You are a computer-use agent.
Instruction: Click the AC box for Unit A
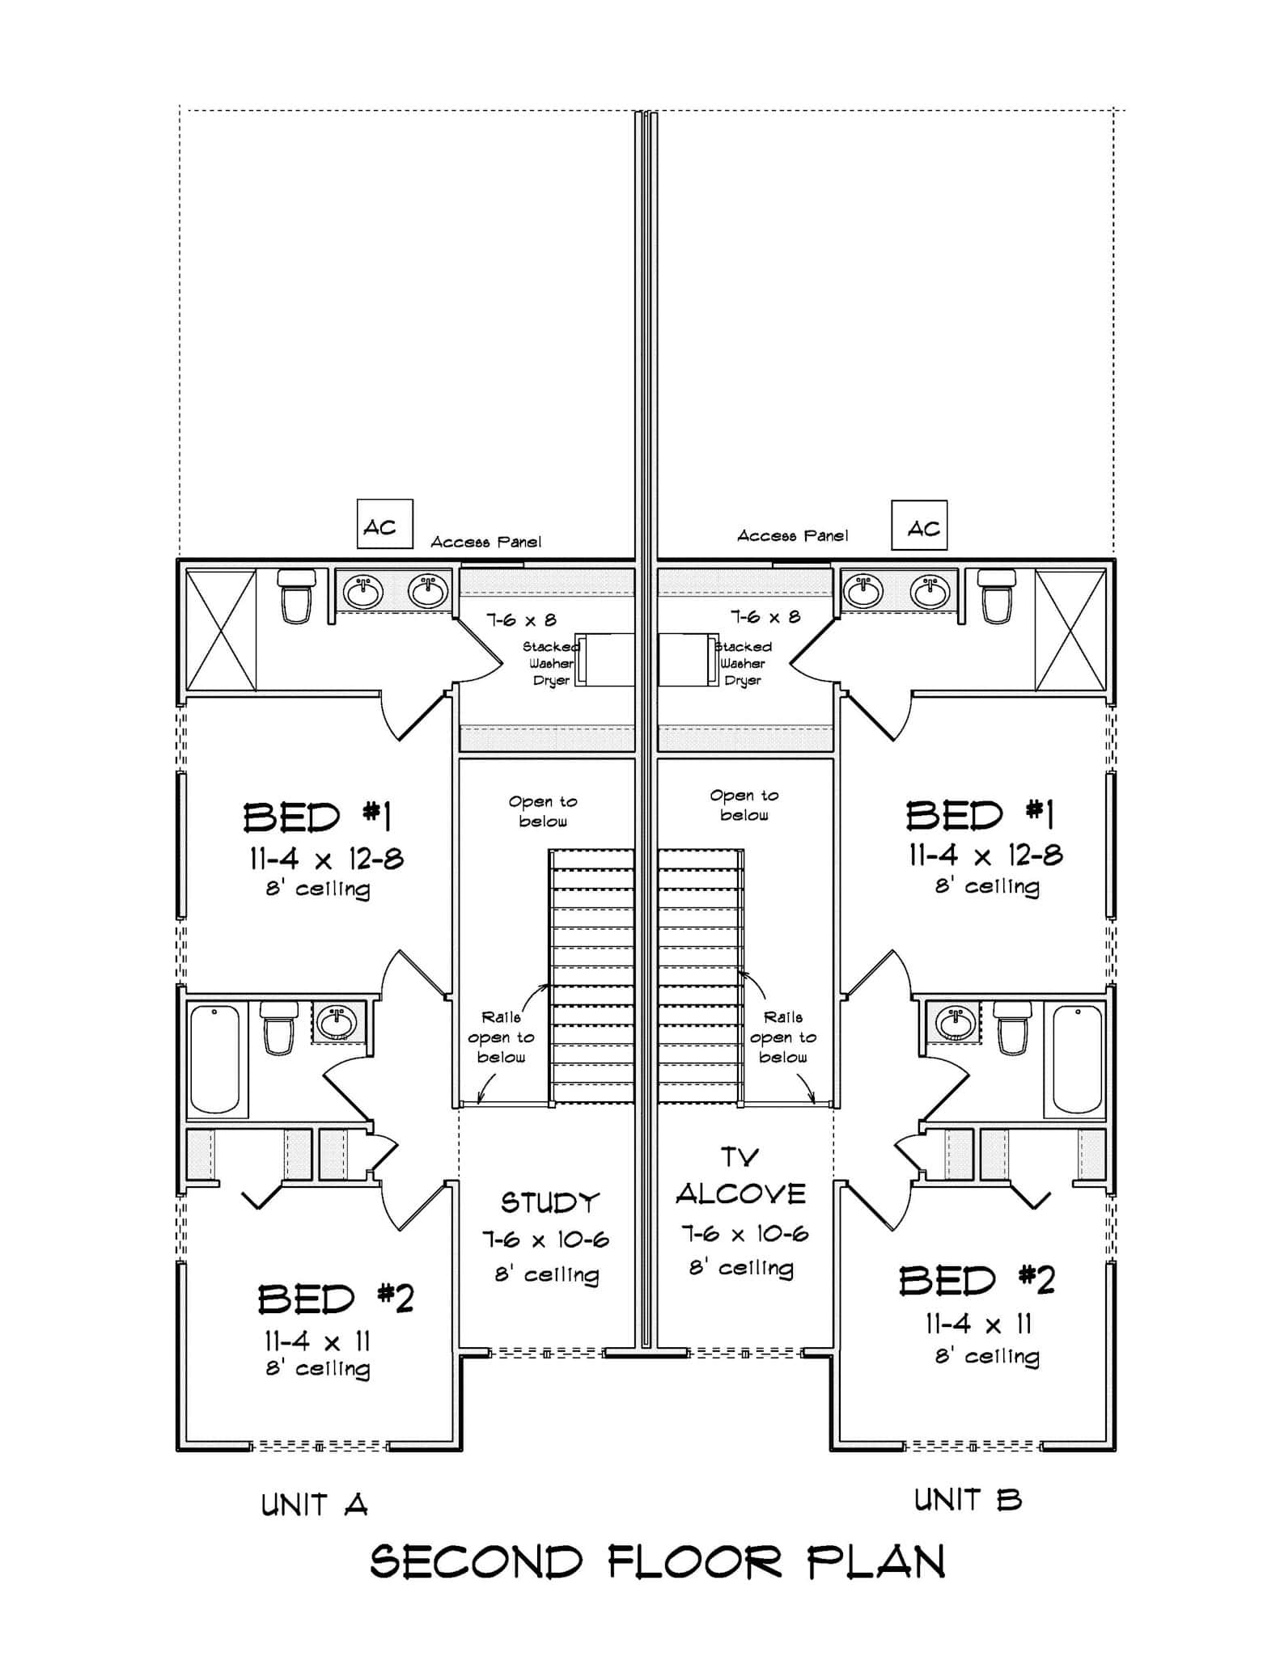[384, 524]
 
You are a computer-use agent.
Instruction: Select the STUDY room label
[550, 1202]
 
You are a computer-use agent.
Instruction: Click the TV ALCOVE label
[740, 1177]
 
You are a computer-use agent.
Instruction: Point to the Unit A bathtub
[214, 1059]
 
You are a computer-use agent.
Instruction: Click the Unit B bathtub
[1077, 1059]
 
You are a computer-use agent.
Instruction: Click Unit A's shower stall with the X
[221, 630]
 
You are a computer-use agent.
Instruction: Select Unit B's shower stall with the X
[1070, 630]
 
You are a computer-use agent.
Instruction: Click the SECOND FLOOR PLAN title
[657, 1561]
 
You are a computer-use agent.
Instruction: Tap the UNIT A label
[314, 1505]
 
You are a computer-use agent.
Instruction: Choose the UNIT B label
[968, 1500]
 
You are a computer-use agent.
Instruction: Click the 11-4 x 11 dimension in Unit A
[317, 1341]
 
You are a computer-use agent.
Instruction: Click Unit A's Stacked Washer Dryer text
[551, 664]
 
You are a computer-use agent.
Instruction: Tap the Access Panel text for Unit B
[792, 535]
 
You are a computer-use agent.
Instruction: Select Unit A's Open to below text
[543, 811]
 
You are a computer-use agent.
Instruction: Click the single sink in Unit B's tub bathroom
[955, 1022]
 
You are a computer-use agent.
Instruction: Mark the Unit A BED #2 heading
[335, 1299]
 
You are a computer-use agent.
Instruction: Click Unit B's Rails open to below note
[782, 1037]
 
